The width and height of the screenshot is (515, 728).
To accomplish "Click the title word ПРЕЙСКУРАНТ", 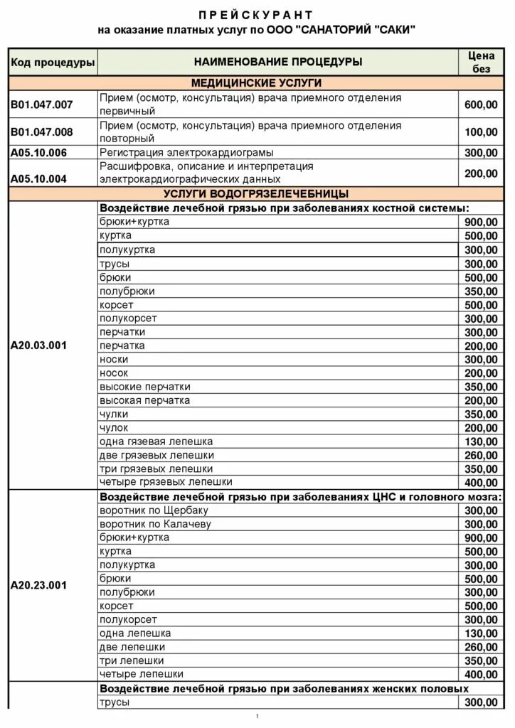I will (x=255, y=15).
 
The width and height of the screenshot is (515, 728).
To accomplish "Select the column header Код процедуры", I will (x=53, y=63).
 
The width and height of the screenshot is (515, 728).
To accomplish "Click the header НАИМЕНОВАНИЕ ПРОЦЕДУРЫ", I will (x=277, y=62).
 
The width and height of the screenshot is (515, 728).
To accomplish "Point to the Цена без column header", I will (x=482, y=62).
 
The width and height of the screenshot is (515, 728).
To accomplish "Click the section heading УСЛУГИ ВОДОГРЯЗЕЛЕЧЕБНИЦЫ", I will (x=256, y=193).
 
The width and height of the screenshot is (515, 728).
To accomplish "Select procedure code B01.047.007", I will (x=42, y=105).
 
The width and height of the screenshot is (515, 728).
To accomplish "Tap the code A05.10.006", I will (x=39, y=153).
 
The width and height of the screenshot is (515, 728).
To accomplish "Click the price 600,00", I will (x=481, y=105).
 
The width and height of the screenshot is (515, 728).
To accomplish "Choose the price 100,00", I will (x=481, y=132).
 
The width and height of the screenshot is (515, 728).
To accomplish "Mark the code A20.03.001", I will (x=39, y=346).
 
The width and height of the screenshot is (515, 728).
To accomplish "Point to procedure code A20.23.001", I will (x=39, y=586).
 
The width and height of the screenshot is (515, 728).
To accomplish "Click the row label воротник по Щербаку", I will (x=154, y=510).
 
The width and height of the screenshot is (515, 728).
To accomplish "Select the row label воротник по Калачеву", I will (x=156, y=524).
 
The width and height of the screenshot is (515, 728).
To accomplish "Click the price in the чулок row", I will (x=481, y=428).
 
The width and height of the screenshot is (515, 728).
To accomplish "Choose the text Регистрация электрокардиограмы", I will (x=186, y=153).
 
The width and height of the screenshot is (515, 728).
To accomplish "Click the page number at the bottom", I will (x=257, y=716).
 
